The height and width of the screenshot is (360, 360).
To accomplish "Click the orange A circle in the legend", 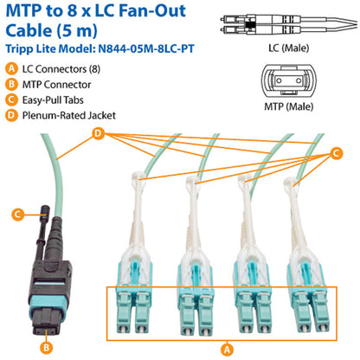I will point(10,68).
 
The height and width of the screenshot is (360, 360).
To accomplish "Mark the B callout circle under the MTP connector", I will point(49,349).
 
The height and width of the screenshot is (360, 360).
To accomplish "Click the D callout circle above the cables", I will point(99,132).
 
